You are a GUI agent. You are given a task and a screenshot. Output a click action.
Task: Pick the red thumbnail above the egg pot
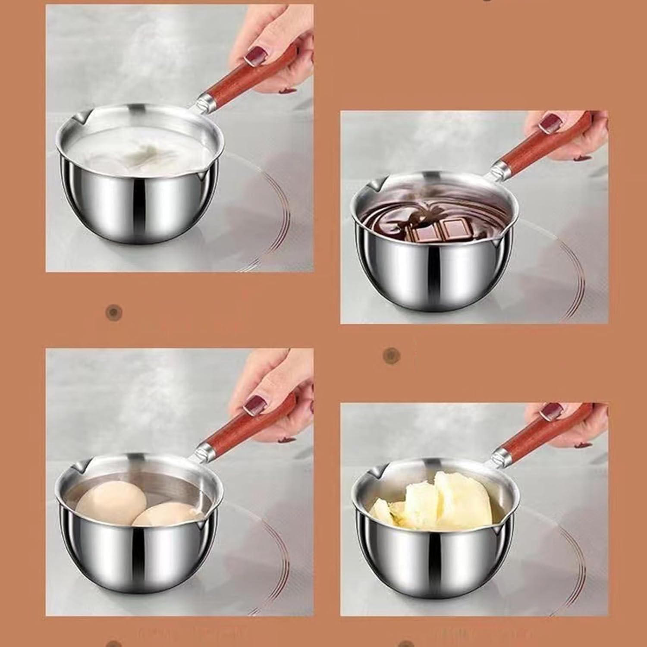(x=255, y=405)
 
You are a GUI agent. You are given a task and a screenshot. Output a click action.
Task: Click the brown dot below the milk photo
(x=114, y=311)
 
